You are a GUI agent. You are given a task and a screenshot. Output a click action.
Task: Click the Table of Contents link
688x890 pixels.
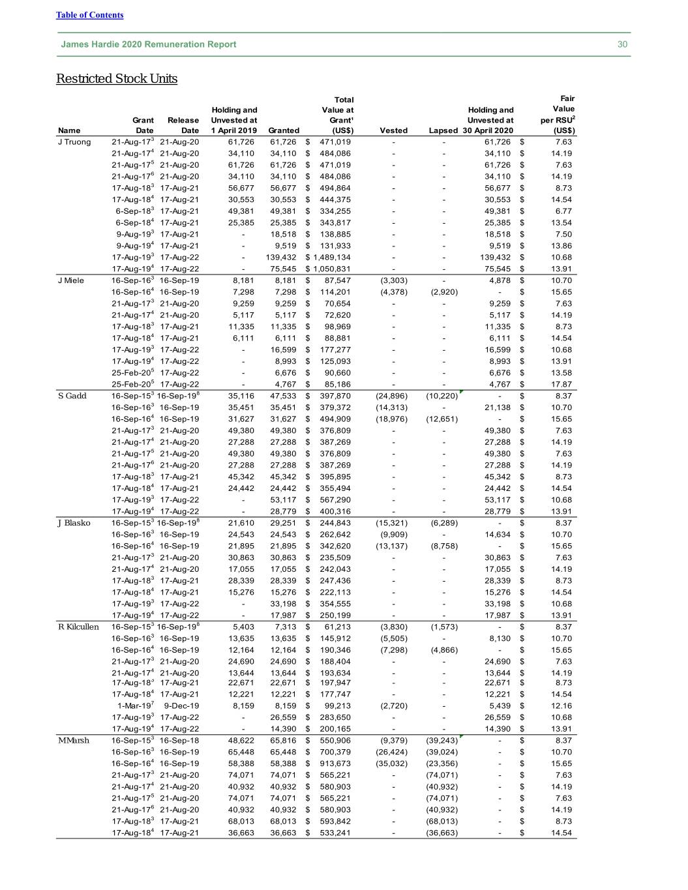[x=89, y=15]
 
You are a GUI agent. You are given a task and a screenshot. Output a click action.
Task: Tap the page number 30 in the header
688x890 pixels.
[x=622, y=44]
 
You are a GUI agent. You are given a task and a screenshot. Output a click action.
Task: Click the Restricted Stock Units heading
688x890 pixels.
[x=117, y=79]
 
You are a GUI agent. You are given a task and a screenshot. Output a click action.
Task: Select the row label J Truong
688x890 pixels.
[x=74, y=142]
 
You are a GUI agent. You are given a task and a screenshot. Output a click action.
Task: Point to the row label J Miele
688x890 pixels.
[x=71, y=280]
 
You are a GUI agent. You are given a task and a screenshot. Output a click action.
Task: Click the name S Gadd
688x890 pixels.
[x=72, y=396]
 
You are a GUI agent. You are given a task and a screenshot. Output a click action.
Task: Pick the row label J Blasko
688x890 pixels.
[x=73, y=523]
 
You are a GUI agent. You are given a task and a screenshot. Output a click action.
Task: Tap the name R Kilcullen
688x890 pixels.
[x=78, y=627]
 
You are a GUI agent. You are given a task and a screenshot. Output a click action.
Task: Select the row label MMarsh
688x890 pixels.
[x=74, y=741]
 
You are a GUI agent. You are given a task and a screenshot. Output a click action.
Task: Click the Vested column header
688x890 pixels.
[x=393, y=130]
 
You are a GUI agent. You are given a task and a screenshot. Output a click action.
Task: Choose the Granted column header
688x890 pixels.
[x=284, y=130]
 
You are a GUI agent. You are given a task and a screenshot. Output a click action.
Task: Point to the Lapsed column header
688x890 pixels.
[x=443, y=130]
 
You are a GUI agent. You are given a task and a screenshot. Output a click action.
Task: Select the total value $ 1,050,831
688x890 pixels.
[x=329, y=269]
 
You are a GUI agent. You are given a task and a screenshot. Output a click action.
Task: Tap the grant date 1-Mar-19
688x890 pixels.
[x=135, y=706]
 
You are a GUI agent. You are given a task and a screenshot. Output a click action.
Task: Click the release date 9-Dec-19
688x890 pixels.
[x=181, y=706]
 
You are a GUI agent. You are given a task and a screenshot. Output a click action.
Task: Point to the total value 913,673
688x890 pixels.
[x=335, y=764]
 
